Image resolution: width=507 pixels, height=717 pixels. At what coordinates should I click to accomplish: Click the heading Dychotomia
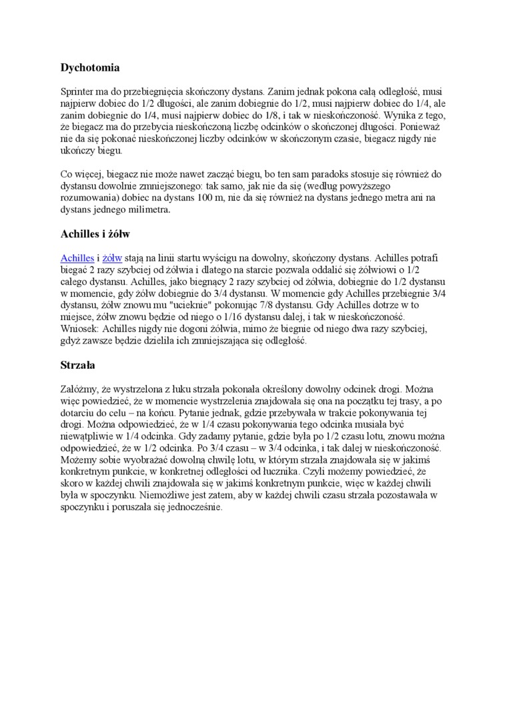pos(90,67)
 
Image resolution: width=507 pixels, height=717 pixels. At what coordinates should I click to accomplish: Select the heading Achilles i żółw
pos(95,234)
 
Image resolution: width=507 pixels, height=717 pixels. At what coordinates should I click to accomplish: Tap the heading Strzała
pos(78,365)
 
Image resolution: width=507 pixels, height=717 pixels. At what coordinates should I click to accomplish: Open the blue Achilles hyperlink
pos(77,257)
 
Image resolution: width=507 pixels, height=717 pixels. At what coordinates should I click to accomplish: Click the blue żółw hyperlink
pos(112,257)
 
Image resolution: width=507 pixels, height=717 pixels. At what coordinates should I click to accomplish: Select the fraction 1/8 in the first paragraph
pos(274,115)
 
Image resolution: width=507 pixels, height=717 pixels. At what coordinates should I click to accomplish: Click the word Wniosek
pos(79,329)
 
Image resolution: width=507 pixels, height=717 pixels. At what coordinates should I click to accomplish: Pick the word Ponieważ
pos(420,127)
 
